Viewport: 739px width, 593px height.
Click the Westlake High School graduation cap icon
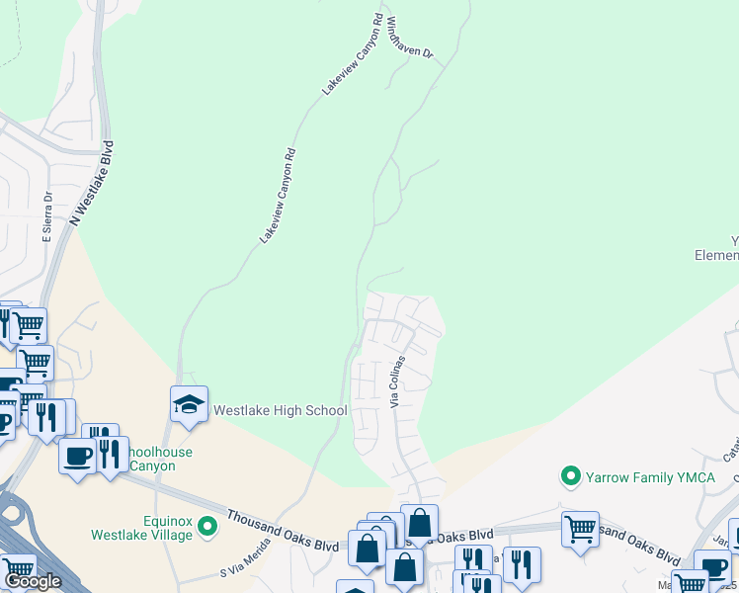(189, 403)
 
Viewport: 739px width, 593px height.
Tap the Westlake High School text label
(281, 410)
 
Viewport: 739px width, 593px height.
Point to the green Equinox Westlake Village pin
(207, 526)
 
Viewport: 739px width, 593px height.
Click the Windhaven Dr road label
(410, 38)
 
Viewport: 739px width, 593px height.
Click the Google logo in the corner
(33, 581)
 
